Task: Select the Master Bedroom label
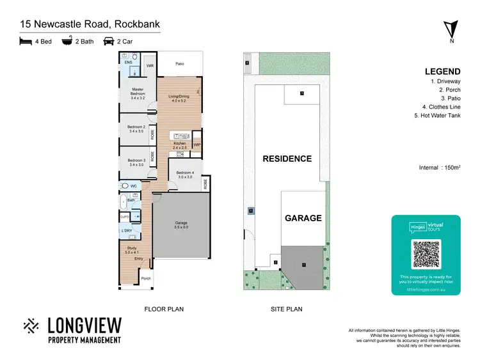pos(138,91)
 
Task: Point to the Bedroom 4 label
pos(184,175)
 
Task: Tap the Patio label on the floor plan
pos(180,64)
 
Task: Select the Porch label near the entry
pos(146,278)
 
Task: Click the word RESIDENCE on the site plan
pos(287,159)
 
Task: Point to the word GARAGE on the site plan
pos(303,218)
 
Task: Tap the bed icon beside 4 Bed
pos(26,41)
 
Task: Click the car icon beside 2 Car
pos(109,41)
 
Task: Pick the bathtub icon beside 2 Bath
pos(66,41)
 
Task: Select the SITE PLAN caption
pos(286,309)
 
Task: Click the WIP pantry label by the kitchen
pos(197,145)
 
